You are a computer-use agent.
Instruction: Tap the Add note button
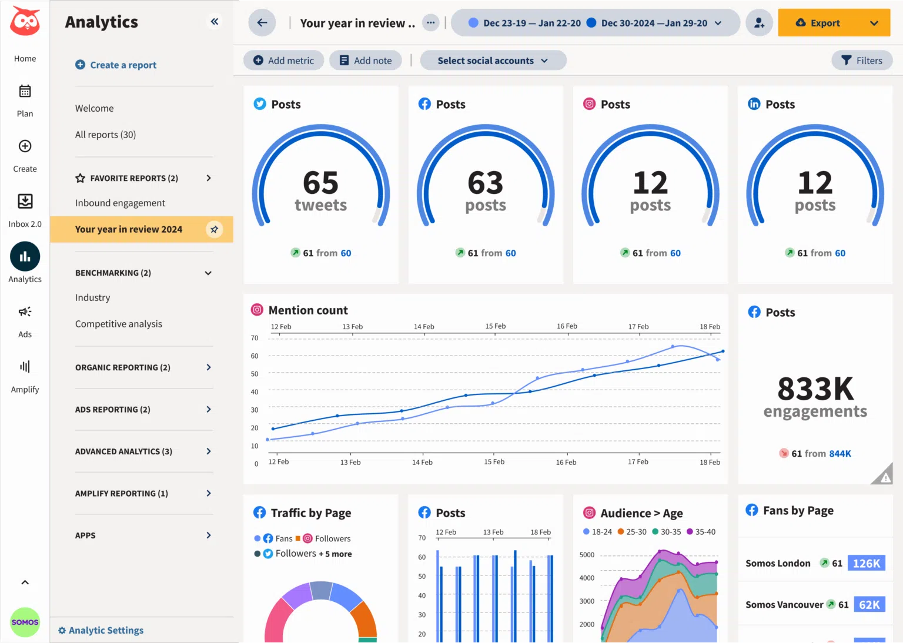click(365, 61)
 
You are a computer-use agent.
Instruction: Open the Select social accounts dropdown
click(493, 61)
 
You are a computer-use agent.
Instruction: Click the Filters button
click(862, 61)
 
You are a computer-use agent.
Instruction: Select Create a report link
click(116, 65)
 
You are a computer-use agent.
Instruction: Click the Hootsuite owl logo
click(25, 22)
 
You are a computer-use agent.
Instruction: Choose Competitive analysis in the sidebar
click(119, 324)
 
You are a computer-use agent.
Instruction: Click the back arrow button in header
click(262, 23)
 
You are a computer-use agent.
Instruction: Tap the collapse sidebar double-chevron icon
click(215, 22)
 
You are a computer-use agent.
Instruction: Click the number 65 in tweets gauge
click(320, 183)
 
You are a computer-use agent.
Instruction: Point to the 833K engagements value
click(815, 389)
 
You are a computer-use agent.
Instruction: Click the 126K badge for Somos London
click(867, 563)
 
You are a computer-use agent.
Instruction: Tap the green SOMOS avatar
click(25, 622)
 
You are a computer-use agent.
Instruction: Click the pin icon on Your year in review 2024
click(215, 229)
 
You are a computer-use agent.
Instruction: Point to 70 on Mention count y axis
click(255, 338)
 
